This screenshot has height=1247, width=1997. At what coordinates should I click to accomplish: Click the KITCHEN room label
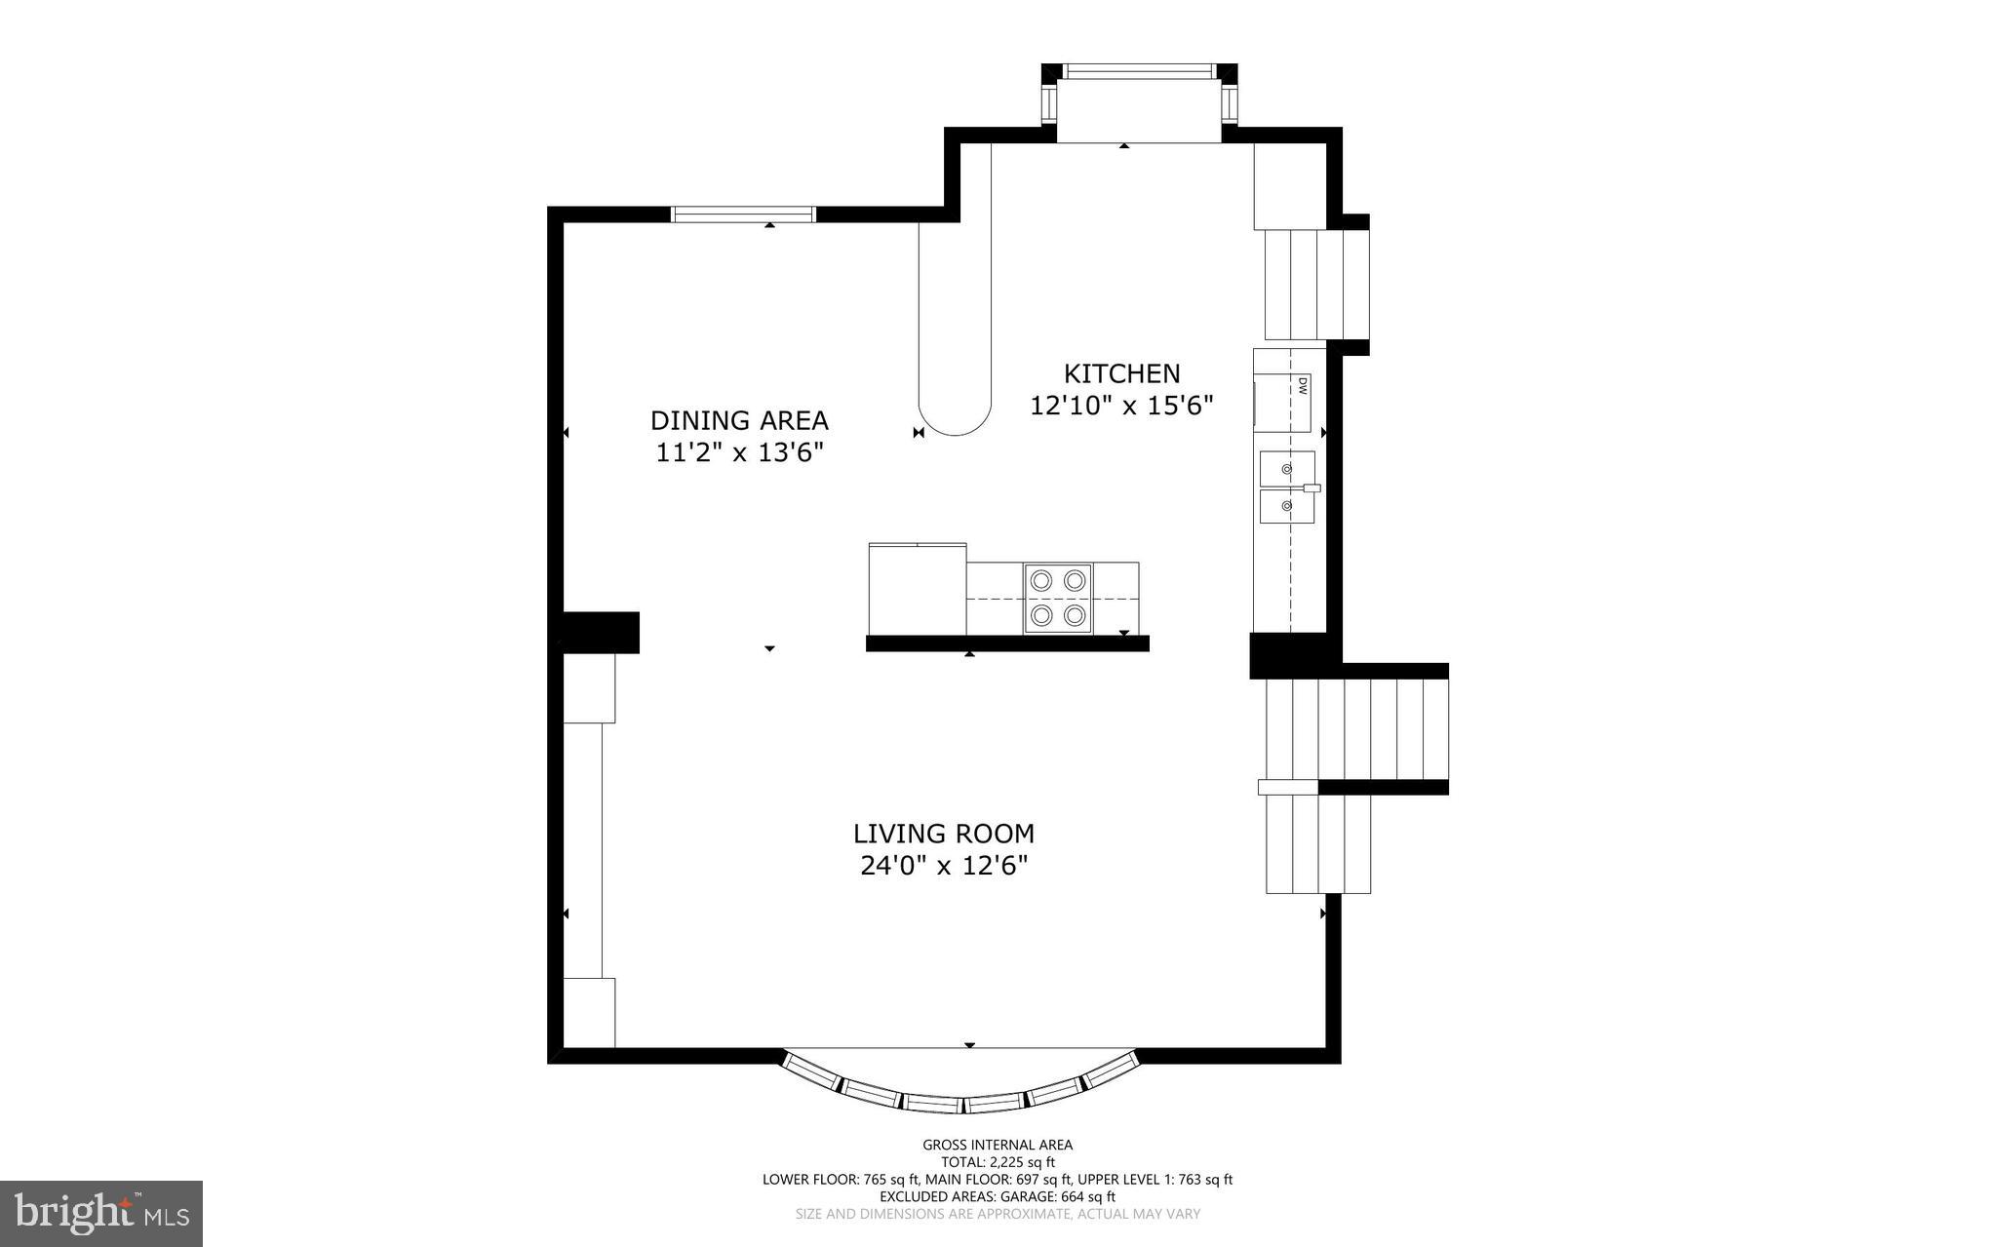[1121, 373]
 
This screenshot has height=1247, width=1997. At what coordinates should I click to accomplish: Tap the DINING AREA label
[739, 420]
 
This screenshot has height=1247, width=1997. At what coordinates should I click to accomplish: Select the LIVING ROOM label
[943, 834]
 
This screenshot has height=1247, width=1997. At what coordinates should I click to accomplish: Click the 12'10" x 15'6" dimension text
[1121, 406]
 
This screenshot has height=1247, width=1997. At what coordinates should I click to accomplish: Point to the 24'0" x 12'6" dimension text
[944, 866]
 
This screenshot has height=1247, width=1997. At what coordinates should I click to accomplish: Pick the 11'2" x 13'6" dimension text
[739, 452]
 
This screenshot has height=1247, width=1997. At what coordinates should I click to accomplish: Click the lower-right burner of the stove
[1075, 615]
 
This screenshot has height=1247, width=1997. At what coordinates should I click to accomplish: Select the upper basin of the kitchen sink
[1286, 469]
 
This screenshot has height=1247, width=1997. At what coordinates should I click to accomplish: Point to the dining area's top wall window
[743, 214]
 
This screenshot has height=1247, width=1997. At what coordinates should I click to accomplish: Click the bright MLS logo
[101, 1213]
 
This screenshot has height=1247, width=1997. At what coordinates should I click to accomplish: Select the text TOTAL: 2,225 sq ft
[998, 1162]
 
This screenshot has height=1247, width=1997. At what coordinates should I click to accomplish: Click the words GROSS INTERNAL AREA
[998, 1145]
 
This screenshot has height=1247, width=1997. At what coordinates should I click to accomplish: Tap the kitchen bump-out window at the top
[1139, 71]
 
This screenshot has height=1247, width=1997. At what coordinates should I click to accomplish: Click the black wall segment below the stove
[1007, 643]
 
